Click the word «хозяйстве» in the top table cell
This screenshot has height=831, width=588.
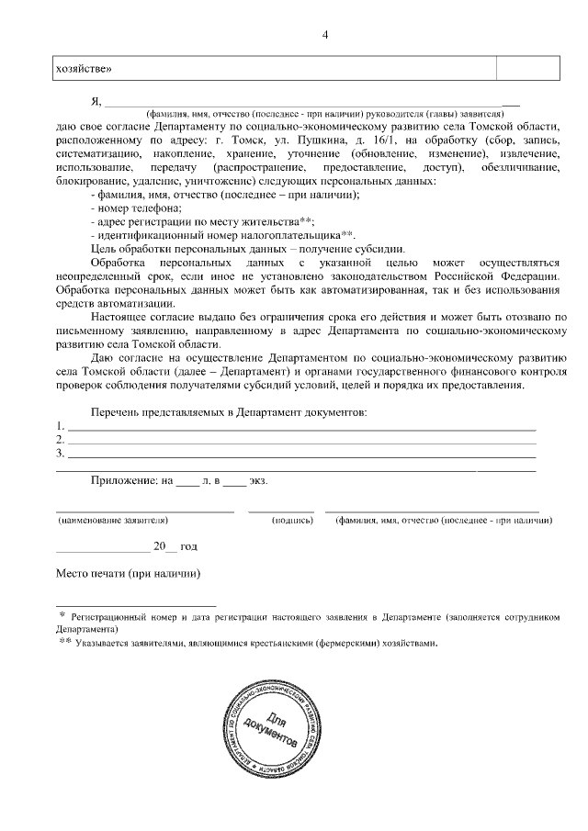pos(85,69)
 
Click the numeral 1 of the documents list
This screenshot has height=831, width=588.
pos(60,426)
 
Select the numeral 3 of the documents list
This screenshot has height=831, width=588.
pos(60,453)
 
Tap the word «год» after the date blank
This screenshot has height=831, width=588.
pos(188,546)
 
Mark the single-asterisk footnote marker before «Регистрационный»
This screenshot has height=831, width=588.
pos(62,616)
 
